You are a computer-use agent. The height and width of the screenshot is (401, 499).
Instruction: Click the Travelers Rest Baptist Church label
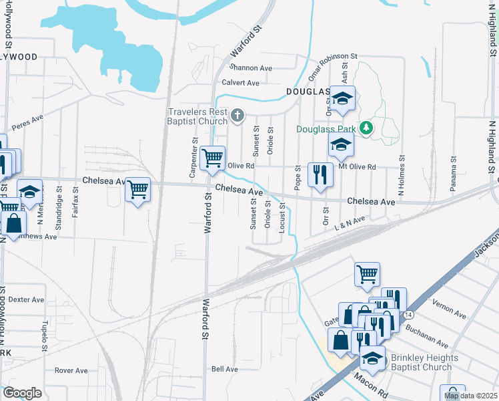197,116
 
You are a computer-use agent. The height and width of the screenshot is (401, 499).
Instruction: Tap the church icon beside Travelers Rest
236,117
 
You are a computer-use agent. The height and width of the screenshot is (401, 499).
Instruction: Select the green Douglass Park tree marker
365,127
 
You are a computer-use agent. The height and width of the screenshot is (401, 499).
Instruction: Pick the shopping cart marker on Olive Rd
212,159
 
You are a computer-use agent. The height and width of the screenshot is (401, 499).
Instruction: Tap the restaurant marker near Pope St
321,175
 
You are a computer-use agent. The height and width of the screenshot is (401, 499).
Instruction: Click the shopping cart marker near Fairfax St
137,190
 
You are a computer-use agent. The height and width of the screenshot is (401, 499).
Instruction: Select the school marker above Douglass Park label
342,100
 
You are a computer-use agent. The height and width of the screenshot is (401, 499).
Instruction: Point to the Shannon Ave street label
251,68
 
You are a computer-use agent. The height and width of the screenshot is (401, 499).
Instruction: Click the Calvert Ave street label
240,83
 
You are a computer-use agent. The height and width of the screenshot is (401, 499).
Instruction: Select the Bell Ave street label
224,369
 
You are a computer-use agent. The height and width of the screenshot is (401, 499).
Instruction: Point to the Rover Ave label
71,370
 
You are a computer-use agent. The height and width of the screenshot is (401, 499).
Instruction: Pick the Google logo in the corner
22,393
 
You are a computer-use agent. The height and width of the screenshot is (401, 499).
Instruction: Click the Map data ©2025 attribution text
470,396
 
